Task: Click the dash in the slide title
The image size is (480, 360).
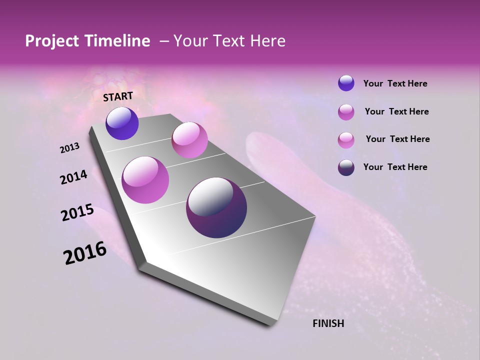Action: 163,41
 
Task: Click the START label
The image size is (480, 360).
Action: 118,96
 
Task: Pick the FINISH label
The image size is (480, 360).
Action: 328,323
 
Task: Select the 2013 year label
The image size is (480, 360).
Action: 70,148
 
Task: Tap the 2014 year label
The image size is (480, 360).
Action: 74,177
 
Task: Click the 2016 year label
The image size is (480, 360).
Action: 85,253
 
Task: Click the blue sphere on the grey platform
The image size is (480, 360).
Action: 122,123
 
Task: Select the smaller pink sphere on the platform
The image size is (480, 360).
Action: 189,140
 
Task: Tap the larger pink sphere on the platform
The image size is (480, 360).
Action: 145,180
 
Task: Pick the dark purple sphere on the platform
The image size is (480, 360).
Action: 216,207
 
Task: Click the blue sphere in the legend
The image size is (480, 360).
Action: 346,83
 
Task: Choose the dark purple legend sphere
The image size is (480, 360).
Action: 346,167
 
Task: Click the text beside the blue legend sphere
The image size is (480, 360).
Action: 395,83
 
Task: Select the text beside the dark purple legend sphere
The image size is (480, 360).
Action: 395,167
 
